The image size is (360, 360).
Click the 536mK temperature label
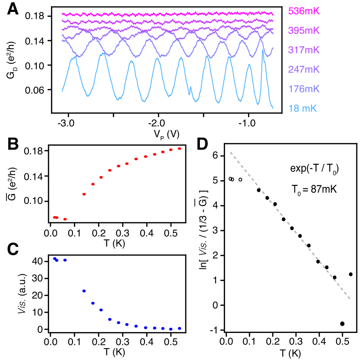[304, 11]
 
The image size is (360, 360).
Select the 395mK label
[304, 31]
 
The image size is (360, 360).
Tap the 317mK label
[304, 50]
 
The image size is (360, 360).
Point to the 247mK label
[304, 70]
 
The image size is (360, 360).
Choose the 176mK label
[304, 89]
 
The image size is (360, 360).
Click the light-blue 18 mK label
[302, 109]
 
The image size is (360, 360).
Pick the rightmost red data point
[180, 149]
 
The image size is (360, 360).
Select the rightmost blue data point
[180, 328]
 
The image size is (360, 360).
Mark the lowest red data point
[65, 219]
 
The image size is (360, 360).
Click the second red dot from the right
[171, 150]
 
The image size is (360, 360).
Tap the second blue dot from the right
[171, 329]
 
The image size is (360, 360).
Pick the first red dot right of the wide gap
[84, 194]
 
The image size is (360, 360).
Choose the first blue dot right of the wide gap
[84, 291]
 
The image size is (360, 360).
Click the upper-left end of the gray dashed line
[230, 152]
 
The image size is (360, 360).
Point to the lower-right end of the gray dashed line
[350, 299]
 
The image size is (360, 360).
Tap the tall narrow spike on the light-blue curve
[263, 50]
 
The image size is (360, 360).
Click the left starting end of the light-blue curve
[62, 92]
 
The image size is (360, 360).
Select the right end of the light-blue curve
[273, 108]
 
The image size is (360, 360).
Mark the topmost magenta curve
[167, 14]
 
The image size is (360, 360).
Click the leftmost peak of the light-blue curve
[73, 58]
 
